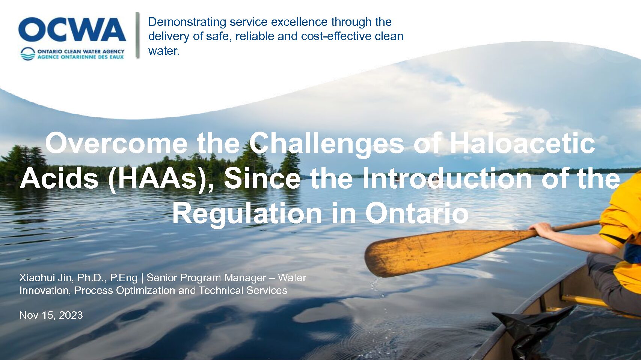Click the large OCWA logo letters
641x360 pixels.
[x=72, y=29]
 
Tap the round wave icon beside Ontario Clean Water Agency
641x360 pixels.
[x=28, y=54]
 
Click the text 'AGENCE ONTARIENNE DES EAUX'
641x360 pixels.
[x=81, y=57]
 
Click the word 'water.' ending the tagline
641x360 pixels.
[x=164, y=51]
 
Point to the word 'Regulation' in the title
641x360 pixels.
[x=247, y=214]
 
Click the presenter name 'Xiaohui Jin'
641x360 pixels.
[x=45, y=277]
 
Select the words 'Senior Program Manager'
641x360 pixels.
[x=206, y=278]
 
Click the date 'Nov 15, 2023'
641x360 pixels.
[x=51, y=315]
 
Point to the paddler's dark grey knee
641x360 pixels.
[x=598, y=263]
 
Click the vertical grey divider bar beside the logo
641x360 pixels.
[x=137, y=35]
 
